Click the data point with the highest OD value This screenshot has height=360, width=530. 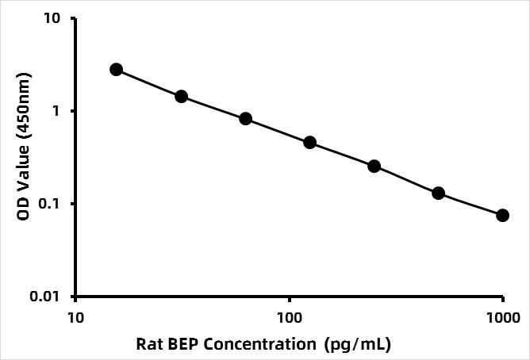[x=117, y=70]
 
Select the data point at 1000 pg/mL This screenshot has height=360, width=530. [x=502, y=215]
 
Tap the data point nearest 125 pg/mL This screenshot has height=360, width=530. [x=309, y=143]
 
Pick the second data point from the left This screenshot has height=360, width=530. [x=181, y=97]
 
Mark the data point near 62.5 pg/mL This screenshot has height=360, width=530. [x=245, y=119]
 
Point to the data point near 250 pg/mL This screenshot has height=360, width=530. [x=374, y=167]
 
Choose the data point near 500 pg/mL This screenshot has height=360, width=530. [x=439, y=193]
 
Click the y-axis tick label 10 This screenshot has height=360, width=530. [x=52, y=18]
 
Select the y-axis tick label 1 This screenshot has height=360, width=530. [x=56, y=111]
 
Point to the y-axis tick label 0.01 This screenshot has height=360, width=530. [x=45, y=297]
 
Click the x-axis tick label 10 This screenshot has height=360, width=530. [x=75, y=318]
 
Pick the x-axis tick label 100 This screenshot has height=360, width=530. [x=290, y=318]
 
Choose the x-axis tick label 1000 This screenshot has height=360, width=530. [x=503, y=318]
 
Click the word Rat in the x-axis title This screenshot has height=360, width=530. [x=148, y=344]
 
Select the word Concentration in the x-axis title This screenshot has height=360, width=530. [x=260, y=344]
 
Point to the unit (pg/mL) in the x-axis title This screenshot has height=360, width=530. [x=357, y=345]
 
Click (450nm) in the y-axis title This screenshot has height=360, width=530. [x=24, y=105]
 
